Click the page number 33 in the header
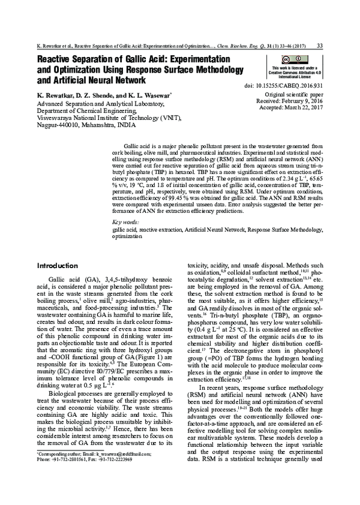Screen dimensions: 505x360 320,46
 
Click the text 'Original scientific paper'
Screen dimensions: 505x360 293,95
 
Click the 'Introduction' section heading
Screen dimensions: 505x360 61,266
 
